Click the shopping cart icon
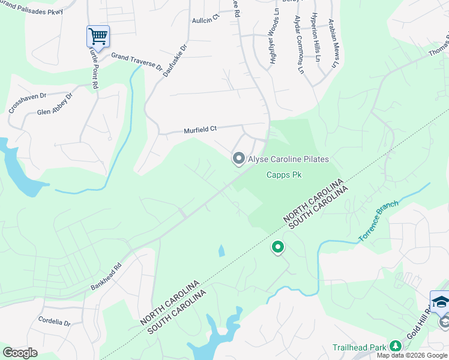click(x=98, y=35)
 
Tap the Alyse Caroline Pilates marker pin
click(x=238, y=158)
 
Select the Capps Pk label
click(x=283, y=175)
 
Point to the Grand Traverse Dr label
click(x=137, y=61)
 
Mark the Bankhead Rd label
click(x=106, y=271)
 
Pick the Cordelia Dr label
click(x=54, y=322)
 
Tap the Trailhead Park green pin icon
click(x=395, y=346)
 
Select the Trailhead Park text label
click(x=358, y=347)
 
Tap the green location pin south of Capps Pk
click(x=278, y=246)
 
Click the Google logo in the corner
click(x=20, y=353)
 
